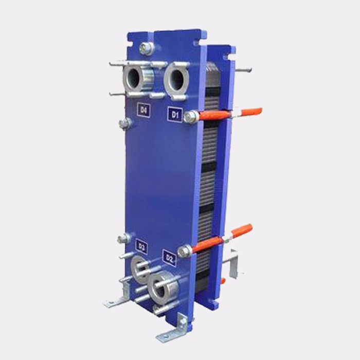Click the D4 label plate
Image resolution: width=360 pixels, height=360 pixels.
point(143,110)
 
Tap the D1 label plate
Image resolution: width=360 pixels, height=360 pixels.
point(175,114)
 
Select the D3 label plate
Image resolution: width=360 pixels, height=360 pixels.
point(141,247)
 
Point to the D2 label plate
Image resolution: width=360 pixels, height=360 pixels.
point(169,258)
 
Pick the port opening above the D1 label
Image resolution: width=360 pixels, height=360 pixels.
point(177,79)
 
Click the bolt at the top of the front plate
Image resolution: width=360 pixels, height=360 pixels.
point(146,49)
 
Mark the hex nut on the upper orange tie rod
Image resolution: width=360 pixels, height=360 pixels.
point(191,117)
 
